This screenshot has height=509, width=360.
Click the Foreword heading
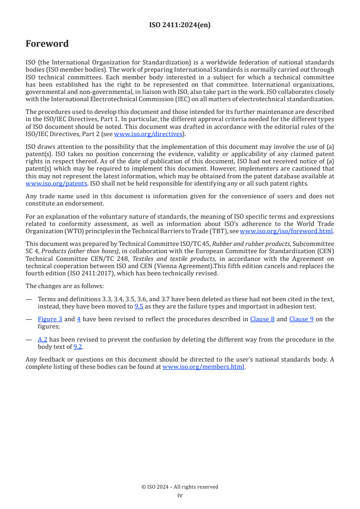coord(47,44)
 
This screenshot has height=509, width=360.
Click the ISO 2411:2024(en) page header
coord(180,25)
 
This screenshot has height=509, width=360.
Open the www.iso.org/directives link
coord(148,134)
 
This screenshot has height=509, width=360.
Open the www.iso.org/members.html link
coord(203,367)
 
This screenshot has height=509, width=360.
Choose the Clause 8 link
coord(262,319)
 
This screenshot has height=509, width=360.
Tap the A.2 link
coord(42,340)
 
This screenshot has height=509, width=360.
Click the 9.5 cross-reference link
coord(139,306)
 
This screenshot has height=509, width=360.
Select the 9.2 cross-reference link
coord(78,347)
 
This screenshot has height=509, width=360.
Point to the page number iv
coord(180,495)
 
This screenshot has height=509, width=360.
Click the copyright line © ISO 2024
coord(180,487)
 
